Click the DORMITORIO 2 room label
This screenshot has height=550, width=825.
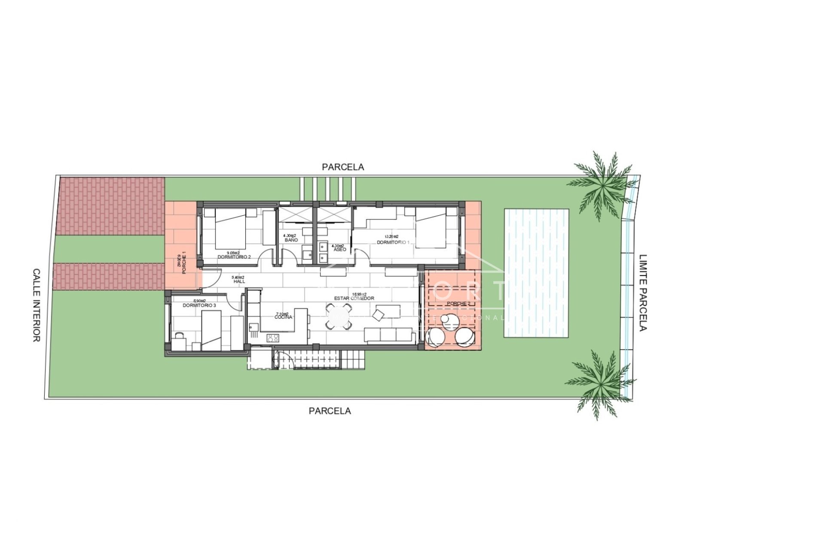point(234,257)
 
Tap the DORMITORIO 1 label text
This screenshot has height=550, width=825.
point(393,242)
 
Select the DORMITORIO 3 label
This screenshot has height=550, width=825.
point(199,306)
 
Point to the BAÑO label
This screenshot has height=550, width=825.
point(291,240)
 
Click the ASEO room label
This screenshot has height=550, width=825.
point(339,249)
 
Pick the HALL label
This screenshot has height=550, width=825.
point(239,281)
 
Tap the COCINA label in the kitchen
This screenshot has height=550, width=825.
point(284,317)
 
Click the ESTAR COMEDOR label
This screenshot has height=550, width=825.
point(354,298)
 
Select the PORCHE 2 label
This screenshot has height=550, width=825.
point(458,304)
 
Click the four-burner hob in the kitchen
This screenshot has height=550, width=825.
point(272,338)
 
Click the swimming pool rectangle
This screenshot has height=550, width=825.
point(536,273)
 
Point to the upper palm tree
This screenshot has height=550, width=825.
point(603,185)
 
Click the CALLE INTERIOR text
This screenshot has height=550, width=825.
point(37,305)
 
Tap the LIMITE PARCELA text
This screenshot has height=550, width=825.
point(643,293)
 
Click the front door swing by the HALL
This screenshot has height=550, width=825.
point(211,278)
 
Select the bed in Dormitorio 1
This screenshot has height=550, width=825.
point(431,228)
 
